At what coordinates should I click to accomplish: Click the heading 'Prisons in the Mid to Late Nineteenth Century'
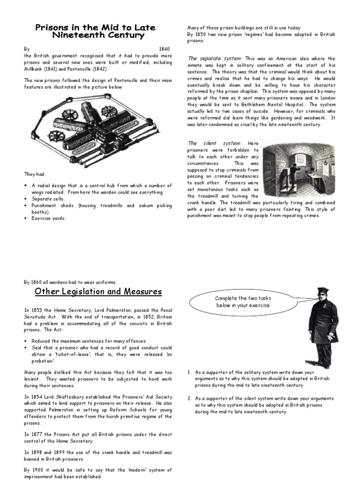tap(95, 31)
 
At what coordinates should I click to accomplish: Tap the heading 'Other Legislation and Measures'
tap(98, 292)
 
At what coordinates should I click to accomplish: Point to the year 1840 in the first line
tap(164, 49)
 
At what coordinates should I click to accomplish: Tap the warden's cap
tap(323, 291)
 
